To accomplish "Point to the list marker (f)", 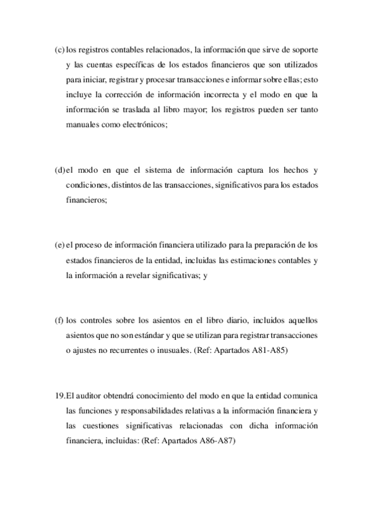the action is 59,322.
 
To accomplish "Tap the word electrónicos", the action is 144,124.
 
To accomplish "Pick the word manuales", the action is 81,124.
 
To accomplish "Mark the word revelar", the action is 145,276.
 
